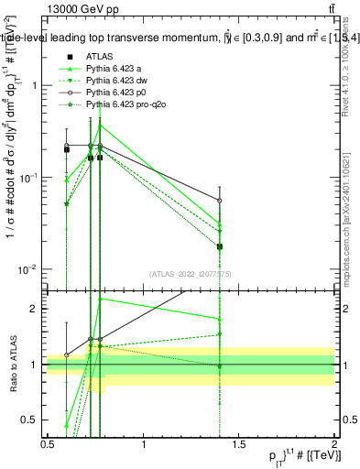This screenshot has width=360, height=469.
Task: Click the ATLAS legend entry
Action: coord(100,56)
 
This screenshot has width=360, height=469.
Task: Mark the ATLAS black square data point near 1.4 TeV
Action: coord(220,246)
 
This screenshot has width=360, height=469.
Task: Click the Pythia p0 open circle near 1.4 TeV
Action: coord(220,200)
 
